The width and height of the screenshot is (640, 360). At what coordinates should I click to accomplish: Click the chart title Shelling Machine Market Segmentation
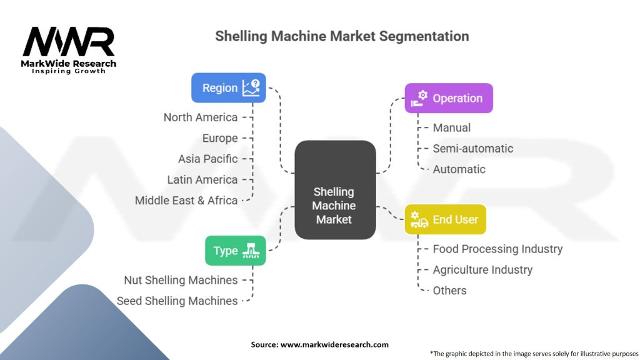click(342, 36)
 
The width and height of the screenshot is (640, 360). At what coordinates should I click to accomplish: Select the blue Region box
click(229, 88)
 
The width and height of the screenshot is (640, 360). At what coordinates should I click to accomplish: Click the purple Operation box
click(449, 98)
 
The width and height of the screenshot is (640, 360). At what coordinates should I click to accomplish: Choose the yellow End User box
click(445, 219)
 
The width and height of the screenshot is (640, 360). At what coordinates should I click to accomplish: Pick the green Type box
click(236, 251)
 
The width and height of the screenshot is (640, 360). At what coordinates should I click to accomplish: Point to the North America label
click(201, 117)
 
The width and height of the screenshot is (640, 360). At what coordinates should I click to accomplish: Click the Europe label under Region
click(220, 138)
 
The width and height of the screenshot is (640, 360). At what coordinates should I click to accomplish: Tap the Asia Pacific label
click(208, 159)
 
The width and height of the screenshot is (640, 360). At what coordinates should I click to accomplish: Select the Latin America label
click(202, 179)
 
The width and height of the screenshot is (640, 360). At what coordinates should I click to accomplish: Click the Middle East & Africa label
click(186, 201)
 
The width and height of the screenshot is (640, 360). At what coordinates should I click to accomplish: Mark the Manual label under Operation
click(452, 127)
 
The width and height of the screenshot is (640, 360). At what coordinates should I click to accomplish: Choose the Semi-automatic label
click(473, 149)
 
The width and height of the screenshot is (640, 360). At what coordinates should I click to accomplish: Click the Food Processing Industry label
click(497, 249)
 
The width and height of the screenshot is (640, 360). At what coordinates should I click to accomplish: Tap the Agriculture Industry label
click(482, 270)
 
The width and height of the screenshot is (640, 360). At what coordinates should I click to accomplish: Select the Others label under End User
click(449, 291)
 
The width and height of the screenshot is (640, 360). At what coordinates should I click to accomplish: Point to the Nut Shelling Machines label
click(181, 280)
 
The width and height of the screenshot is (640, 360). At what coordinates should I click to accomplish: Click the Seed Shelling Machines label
click(177, 301)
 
